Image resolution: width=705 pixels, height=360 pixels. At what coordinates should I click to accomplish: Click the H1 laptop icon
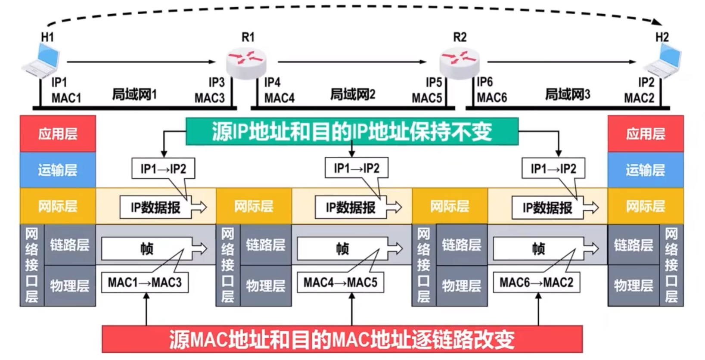pos(41,61)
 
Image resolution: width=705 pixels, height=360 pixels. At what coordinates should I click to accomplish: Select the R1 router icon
pos(246,63)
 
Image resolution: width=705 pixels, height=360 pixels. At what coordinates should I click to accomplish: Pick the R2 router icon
pos(459,63)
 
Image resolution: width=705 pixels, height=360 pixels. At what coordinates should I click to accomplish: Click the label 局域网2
pos(352,94)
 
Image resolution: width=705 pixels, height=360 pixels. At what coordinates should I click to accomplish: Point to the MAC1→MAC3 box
pos(145,282)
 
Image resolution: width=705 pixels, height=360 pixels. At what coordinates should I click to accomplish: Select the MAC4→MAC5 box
pos(340,282)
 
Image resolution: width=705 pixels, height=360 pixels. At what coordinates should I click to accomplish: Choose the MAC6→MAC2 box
pos(536,282)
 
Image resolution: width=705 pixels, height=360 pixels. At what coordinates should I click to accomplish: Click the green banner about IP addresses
pos(351,131)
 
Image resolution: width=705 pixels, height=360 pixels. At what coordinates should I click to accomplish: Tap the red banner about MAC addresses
pos(342,339)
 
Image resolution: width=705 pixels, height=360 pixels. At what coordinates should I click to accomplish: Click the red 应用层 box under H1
pos(58,133)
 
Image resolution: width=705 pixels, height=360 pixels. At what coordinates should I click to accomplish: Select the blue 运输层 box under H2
pos(645,170)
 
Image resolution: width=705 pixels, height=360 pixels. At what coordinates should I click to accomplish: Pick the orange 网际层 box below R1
pos(254,206)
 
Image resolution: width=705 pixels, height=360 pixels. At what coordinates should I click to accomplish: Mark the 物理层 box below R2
pos(461,286)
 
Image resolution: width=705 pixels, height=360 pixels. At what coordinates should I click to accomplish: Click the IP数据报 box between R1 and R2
pos(351,208)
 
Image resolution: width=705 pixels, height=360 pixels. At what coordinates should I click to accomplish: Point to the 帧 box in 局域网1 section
pos(146,248)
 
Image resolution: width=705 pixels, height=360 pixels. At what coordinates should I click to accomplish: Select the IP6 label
pos(484,82)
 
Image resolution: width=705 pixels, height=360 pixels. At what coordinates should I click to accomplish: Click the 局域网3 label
pos(567,94)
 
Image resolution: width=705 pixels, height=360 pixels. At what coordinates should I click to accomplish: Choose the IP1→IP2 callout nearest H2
pos(553,168)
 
